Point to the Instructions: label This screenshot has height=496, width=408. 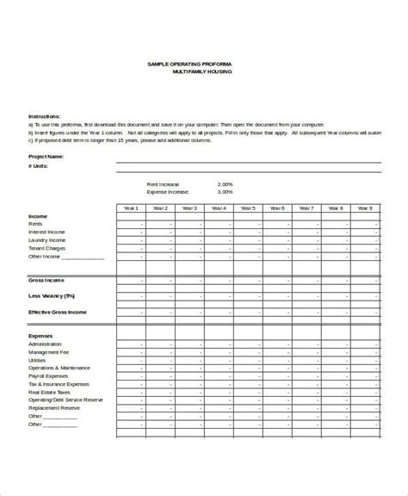coord(44,115)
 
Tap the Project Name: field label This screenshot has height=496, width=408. coord(46,157)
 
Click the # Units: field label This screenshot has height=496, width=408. coord(40,167)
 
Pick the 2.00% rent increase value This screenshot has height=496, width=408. coord(226,184)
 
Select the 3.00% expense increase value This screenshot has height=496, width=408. coord(226,192)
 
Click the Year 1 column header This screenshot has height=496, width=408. coord(130,208)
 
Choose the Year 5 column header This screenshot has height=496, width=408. coord(247,208)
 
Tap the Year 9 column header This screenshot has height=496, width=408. coord(363,208)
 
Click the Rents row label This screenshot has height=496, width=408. coord(36,225)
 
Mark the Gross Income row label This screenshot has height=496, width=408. coord(45,281)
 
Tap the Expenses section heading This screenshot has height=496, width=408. coord(40,335)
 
